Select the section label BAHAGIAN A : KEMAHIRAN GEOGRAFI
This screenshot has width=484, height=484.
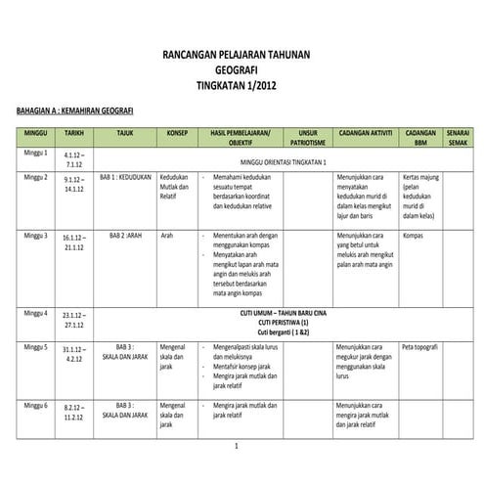(69, 112)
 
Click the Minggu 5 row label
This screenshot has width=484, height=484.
(36, 347)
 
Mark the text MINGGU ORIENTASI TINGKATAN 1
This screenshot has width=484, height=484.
(284, 161)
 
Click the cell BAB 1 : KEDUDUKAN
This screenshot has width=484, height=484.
(123, 179)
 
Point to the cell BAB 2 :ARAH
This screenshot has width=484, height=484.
(124, 236)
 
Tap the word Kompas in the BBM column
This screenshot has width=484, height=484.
(413, 236)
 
